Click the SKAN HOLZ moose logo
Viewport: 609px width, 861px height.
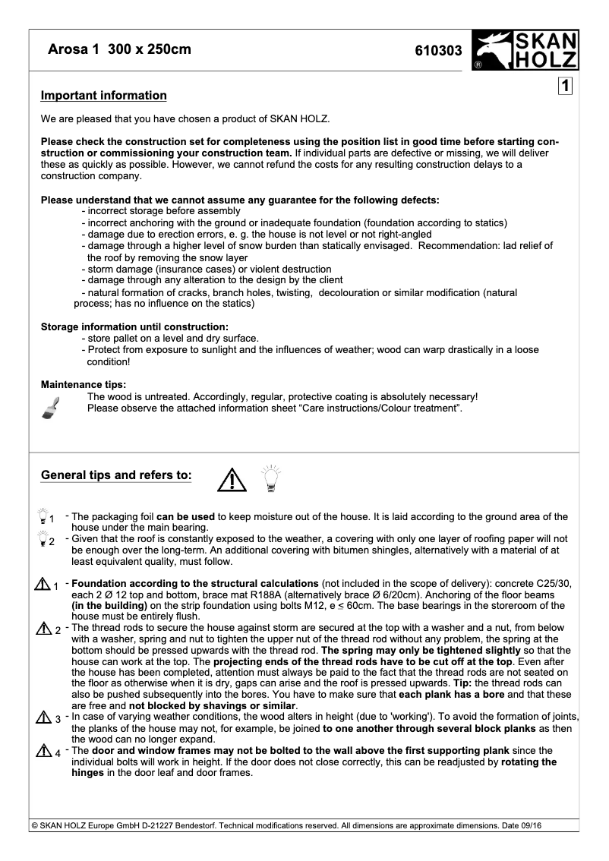point(525,50)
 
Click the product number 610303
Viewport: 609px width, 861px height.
point(438,51)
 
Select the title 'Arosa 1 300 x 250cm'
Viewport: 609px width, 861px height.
point(119,50)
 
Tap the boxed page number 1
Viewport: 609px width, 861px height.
point(565,86)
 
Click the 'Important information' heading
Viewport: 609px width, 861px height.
point(103,96)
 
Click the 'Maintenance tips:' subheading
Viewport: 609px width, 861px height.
point(84,384)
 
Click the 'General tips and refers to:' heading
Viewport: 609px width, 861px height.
point(116,475)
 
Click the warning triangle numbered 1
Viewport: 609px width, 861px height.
point(42,584)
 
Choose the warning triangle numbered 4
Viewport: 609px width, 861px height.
point(42,752)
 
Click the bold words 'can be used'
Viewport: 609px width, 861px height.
point(185,516)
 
